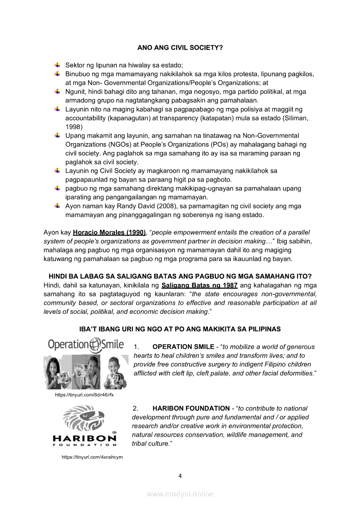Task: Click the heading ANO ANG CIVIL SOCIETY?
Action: tap(180, 47)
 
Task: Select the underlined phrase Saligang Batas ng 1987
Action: tap(199, 286)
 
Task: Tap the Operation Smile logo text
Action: tap(86, 345)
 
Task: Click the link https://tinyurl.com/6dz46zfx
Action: tap(84, 394)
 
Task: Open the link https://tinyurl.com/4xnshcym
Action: tap(92, 457)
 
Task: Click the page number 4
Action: tap(180, 475)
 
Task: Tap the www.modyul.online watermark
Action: tap(180, 494)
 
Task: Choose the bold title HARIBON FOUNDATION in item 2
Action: tap(191, 408)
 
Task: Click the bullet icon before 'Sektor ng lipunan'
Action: tap(57, 64)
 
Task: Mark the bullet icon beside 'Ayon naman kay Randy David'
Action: tap(57, 206)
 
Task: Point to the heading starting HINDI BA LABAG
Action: tap(180, 276)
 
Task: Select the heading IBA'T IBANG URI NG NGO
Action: tap(180, 329)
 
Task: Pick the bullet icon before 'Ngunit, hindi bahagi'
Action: tap(57, 91)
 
